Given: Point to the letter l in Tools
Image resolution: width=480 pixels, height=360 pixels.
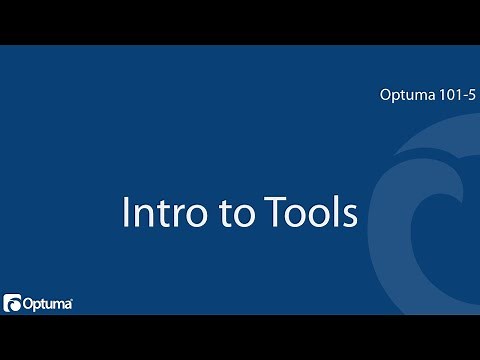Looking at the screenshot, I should (335, 211).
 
